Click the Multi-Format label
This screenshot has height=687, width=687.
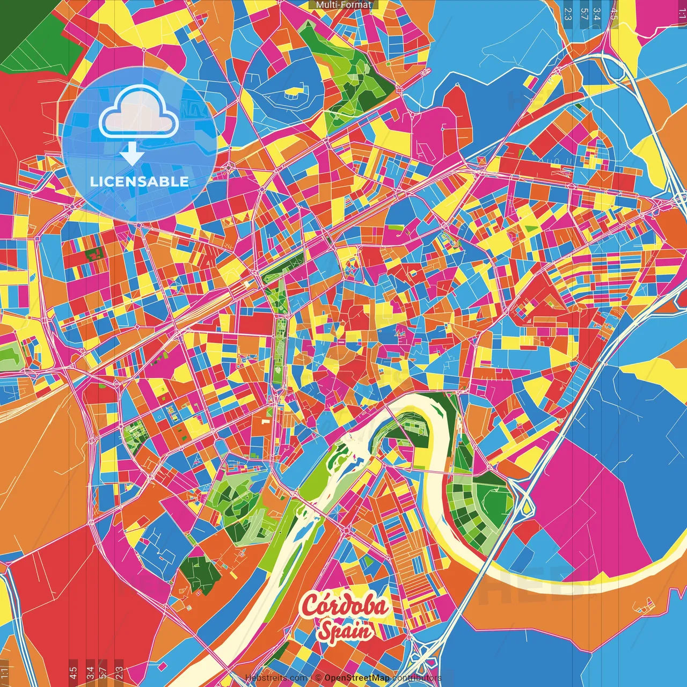[343, 5]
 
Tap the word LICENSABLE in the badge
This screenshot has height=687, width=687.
[140, 181]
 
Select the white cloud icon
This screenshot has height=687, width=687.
[139, 111]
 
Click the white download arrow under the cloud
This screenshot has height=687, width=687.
[131, 154]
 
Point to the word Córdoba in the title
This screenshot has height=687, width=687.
[345, 606]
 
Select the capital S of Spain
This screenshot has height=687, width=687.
[325, 631]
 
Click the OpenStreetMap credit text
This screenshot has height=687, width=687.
[357, 678]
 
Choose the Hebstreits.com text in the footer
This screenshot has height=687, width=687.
[276, 678]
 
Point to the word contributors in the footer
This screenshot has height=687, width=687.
[416, 678]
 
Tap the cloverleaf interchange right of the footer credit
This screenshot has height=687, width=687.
[424, 657]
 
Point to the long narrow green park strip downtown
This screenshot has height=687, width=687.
[280, 343]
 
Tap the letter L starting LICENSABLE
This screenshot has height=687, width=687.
[94, 181]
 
